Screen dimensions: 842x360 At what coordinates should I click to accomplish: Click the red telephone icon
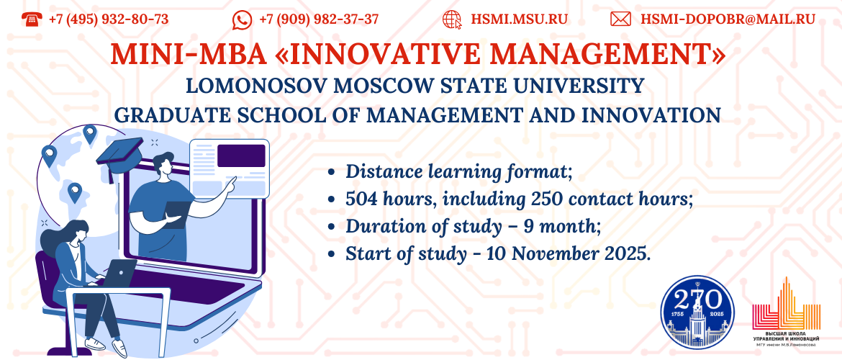(x=31, y=19)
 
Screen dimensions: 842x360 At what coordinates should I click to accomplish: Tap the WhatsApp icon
(x=242, y=20)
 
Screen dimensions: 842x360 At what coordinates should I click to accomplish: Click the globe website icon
(x=452, y=19)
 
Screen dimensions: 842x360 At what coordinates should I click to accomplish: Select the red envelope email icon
(x=620, y=19)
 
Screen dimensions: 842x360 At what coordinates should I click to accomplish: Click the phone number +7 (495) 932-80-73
(x=109, y=19)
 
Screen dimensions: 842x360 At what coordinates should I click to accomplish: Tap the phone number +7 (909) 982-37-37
(x=319, y=19)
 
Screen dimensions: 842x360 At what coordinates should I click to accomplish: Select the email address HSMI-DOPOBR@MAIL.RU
(x=728, y=19)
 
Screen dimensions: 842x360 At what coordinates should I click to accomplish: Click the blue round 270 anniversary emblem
(x=697, y=312)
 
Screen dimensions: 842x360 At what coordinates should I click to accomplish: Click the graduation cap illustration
(x=119, y=155)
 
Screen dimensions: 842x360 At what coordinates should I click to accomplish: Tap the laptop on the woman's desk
(x=119, y=272)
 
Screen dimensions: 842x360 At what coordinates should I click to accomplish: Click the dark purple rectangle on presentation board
(x=241, y=156)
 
